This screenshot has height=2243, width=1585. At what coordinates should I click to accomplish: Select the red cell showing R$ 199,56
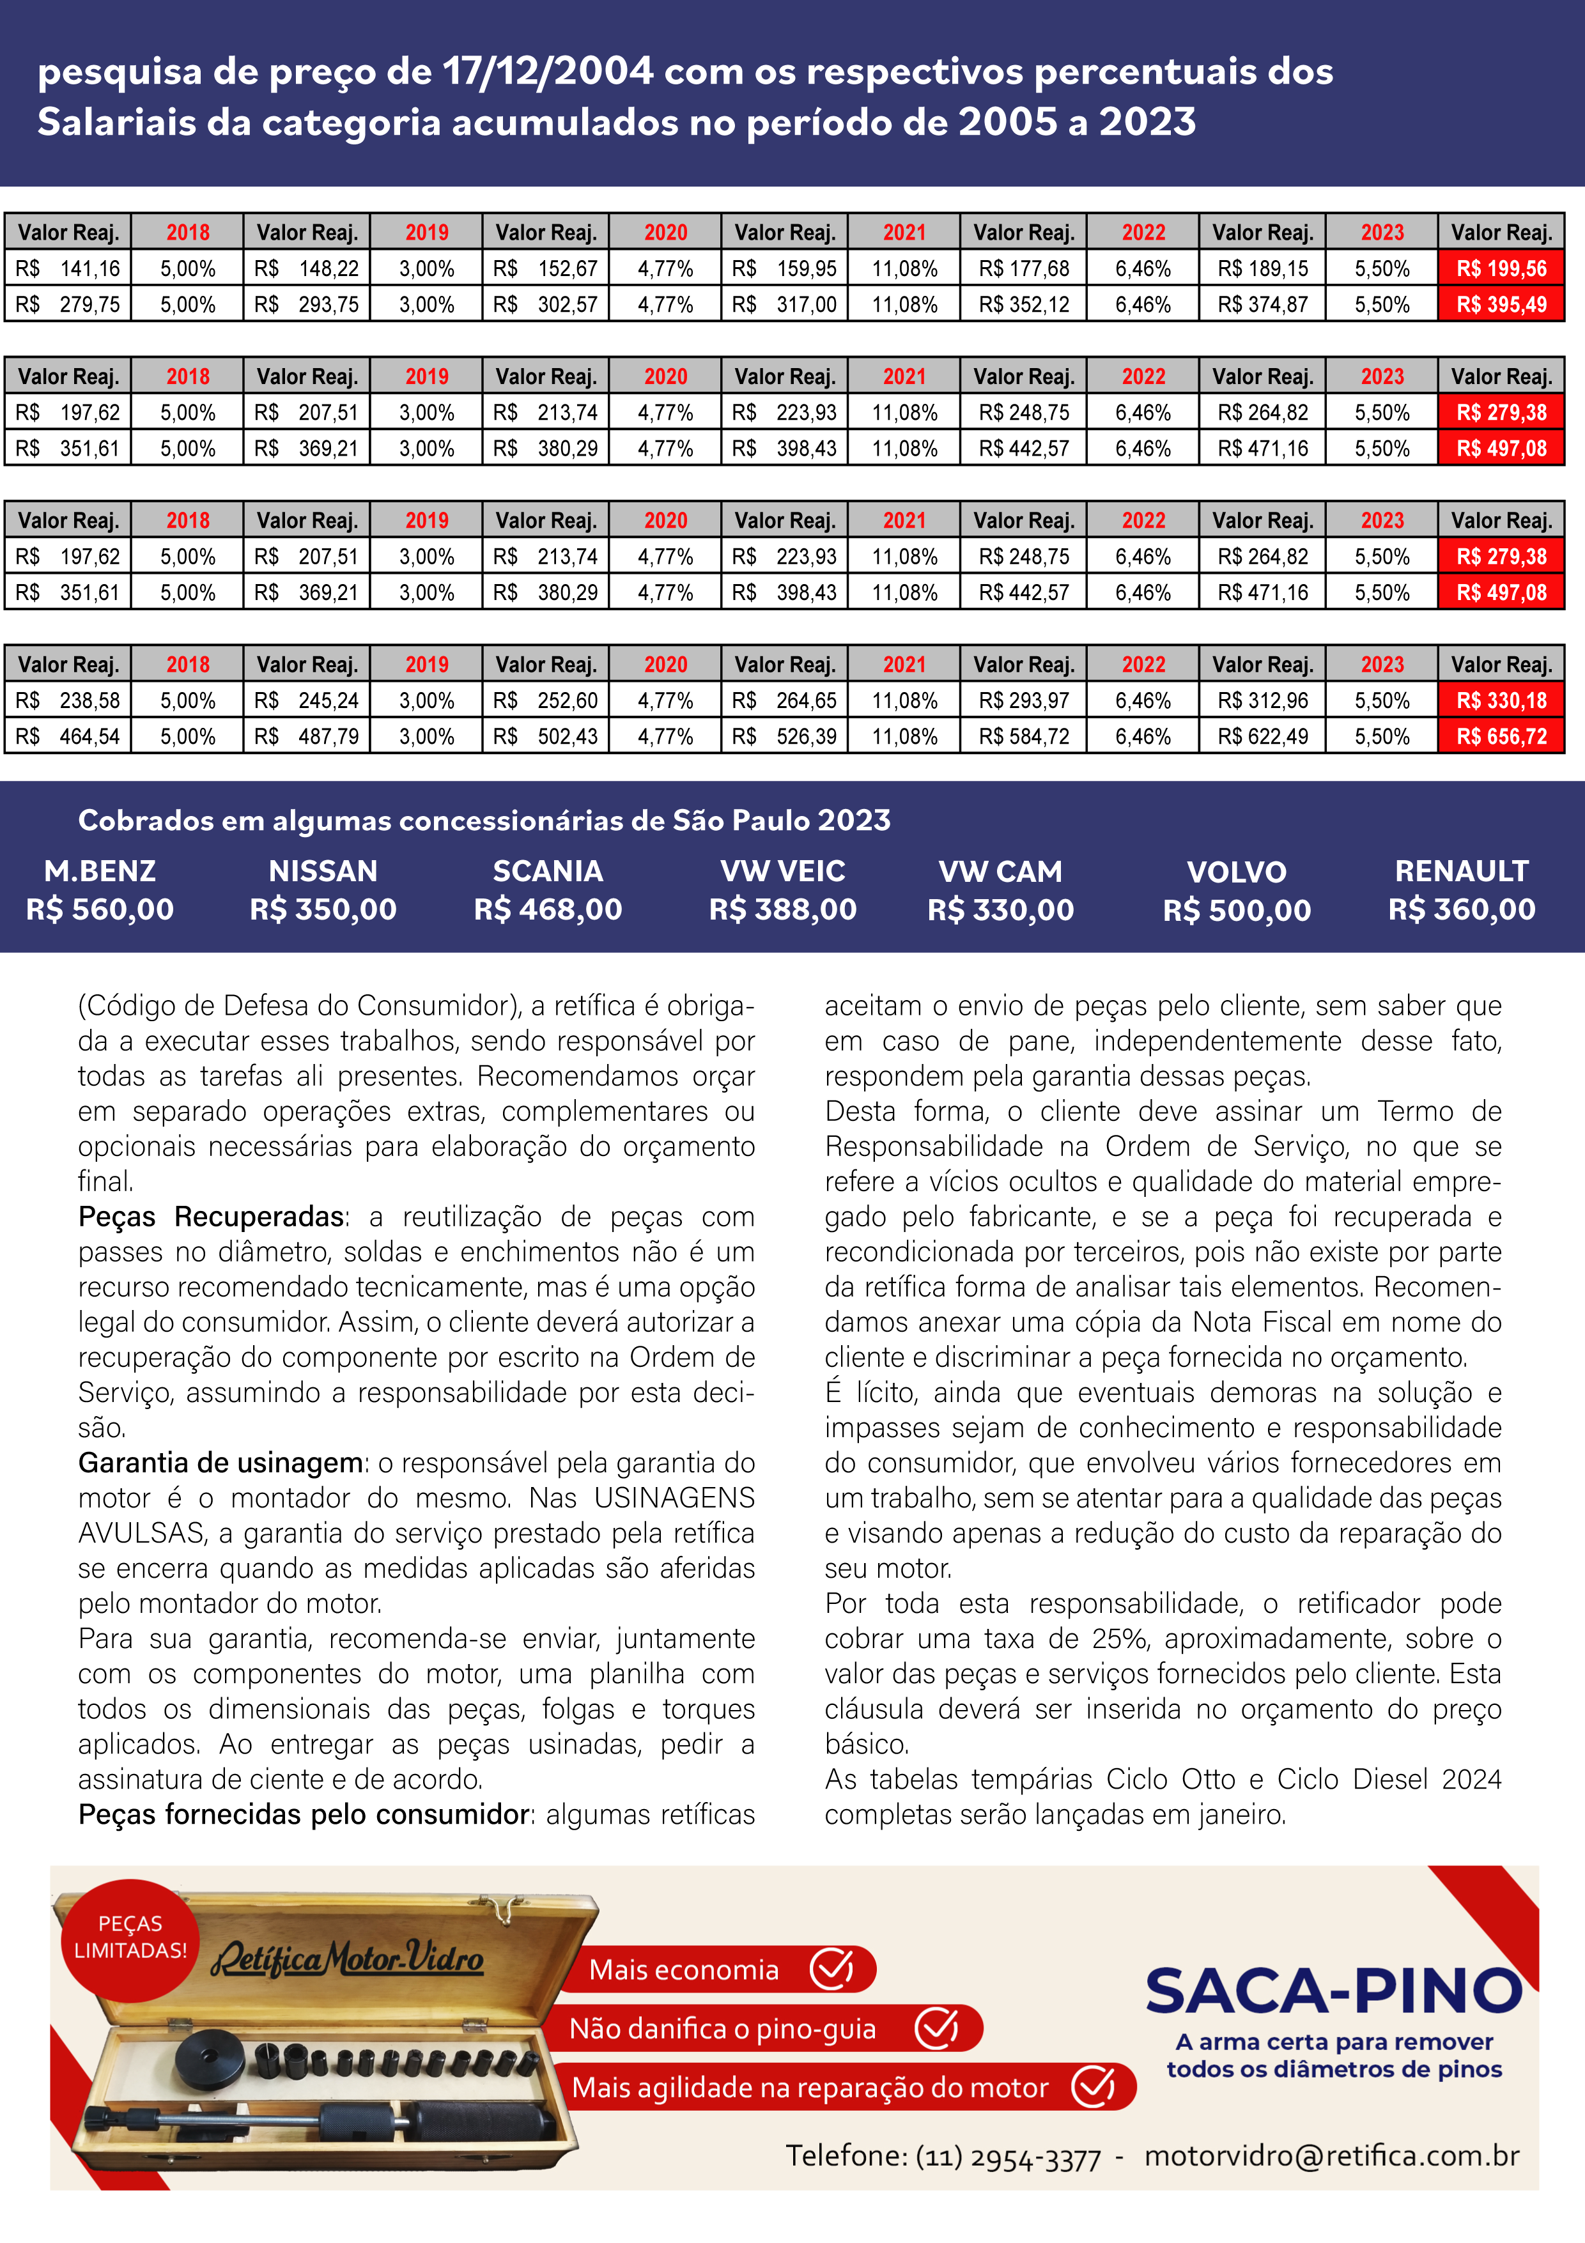[x=1501, y=268]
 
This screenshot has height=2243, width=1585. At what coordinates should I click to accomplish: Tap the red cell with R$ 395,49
[x=1501, y=305]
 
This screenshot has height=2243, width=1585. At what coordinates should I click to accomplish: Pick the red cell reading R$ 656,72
[x=1501, y=737]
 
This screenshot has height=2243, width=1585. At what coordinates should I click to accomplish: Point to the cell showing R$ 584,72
[x=1024, y=737]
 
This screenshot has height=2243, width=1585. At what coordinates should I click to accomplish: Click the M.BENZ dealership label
[x=100, y=870]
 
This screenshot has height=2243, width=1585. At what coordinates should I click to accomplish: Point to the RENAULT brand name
[x=1461, y=870]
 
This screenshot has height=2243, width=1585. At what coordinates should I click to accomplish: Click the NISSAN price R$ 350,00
[x=323, y=909]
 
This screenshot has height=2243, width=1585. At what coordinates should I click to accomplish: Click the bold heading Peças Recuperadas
[x=211, y=1217]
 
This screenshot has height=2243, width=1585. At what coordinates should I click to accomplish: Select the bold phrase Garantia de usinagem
[x=221, y=1463]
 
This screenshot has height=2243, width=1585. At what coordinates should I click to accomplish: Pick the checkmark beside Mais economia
[x=831, y=1969]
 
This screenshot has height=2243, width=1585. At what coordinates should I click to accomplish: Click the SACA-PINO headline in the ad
[x=1333, y=1991]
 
